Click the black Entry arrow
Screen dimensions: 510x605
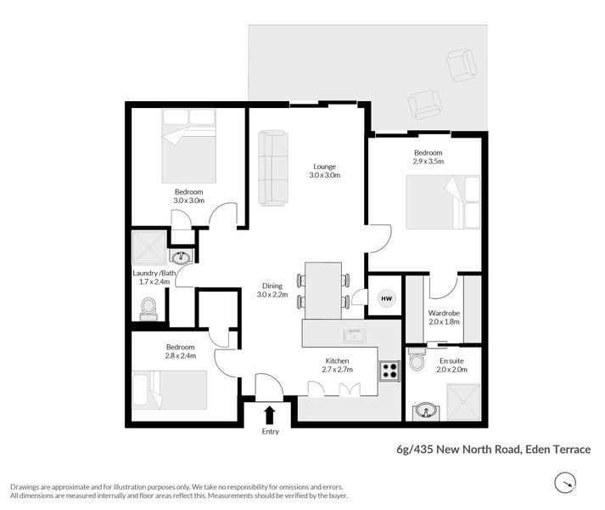(x=270, y=415)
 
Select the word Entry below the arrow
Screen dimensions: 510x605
(x=270, y=432)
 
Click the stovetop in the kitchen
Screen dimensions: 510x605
(x=389, y=370)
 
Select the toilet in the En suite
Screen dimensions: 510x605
(x=417, y=360)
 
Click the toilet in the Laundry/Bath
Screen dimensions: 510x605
(x=148, y=307)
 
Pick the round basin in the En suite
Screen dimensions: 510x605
(x=424, y=412)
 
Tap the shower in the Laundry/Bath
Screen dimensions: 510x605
(x=150, y=248)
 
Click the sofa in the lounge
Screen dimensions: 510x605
(x=272, y=167)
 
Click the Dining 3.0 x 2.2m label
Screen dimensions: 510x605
(x=272, y=290)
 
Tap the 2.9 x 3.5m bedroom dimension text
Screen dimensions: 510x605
(x=429, y=161)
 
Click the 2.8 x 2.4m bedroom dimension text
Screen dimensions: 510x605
(x=181, y=355)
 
